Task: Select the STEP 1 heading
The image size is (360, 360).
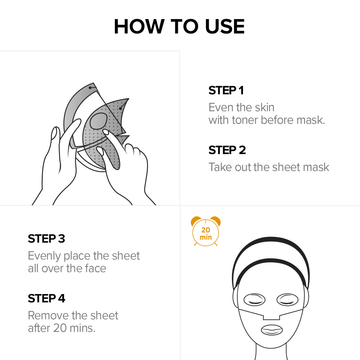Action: [x=226, y=90]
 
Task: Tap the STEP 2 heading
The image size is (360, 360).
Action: [x=227, y=150]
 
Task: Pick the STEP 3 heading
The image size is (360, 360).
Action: [x=46, y=239]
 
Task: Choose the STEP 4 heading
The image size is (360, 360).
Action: [x=46, y=298]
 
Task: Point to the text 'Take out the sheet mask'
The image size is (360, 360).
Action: [x=269, y=167]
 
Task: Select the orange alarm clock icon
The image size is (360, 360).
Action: [x=206, y=231]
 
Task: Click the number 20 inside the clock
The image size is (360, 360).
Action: [x=206, y=230]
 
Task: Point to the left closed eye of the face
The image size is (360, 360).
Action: [x=254, y=300]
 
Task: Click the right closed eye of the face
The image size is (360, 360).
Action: [x=287, y=300]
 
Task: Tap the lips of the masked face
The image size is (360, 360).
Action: [x=272, y=330]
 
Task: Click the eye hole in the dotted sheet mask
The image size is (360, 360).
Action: [x=99, y=121]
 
